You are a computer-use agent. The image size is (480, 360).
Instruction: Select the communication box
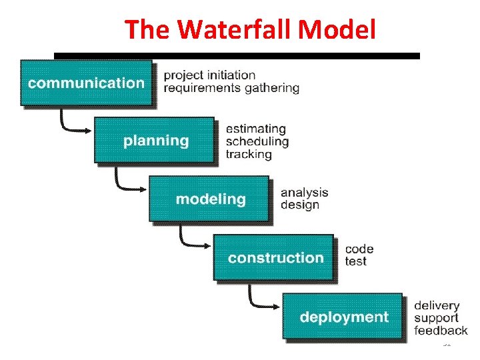86,83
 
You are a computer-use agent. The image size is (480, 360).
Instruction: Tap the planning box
155,141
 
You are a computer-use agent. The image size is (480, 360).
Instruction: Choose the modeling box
209,199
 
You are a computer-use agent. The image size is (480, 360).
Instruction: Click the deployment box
343,316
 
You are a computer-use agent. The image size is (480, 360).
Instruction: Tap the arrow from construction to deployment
260,298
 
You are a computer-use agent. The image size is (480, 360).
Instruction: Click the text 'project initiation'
209,75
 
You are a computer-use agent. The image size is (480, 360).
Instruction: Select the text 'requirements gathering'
231,88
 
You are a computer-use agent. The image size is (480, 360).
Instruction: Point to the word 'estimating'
255,129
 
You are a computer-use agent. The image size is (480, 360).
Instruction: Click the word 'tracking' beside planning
249,154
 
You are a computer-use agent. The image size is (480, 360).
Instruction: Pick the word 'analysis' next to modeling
304,192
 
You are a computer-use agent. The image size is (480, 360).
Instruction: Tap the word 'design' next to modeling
300,205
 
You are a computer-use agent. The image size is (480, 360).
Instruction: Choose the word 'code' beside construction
359,249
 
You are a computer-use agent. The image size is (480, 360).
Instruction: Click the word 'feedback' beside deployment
441,331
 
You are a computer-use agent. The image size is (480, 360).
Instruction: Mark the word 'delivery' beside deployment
437,305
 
